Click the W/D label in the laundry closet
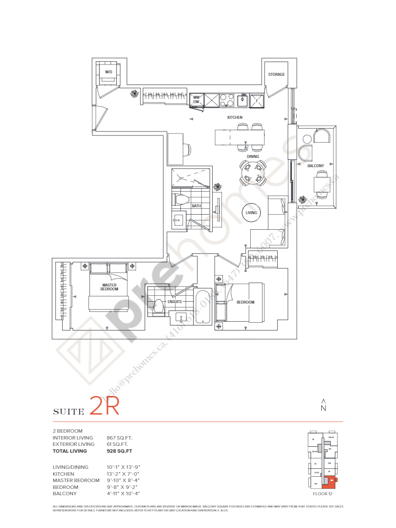coord(108,72)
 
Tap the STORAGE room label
coord(276,74)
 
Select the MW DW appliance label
coord(196,100)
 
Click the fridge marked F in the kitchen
coord(257,100)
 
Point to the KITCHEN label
coord(235,118)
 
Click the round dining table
coord(253,172)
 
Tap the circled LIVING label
coord(251,213)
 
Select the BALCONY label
coord(315,166)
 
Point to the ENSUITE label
coord(175,302)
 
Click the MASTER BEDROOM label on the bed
coord(109,287)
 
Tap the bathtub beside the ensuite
coord(202,307)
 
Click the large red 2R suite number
coord(105,407)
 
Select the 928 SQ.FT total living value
coord(119,451)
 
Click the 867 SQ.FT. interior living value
coord(119,438)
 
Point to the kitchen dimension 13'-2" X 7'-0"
coord(123,474)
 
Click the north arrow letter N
coord(323,408)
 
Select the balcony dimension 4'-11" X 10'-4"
coord(123,494)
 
